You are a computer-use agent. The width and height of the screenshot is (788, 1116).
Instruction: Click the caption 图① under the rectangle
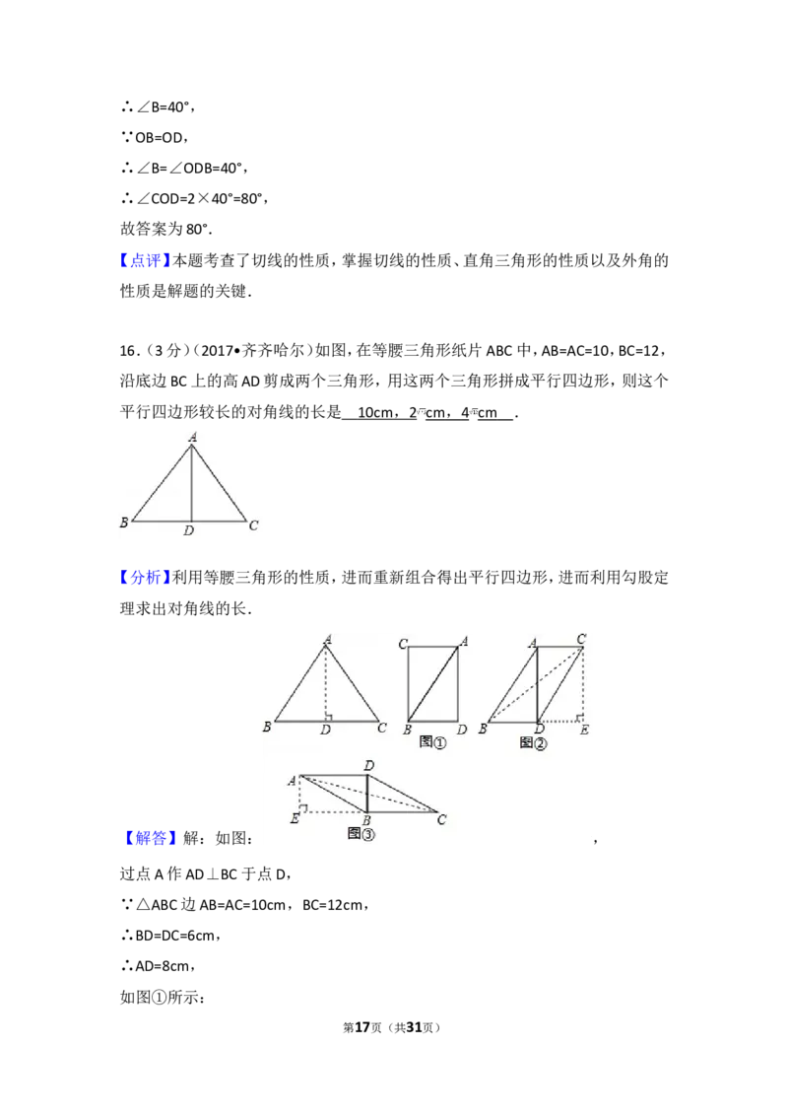[x=432, y=742]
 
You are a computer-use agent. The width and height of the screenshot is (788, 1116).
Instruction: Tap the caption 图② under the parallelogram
[x=534, y=743]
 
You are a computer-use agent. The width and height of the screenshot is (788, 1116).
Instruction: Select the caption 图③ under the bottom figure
[x=361, y=833]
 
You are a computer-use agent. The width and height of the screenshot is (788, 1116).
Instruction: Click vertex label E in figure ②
[x=584, y=730]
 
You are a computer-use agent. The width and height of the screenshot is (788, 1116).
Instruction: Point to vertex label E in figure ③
[x=295, y=818]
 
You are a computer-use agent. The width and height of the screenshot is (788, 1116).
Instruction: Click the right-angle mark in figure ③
[x=303, y=807]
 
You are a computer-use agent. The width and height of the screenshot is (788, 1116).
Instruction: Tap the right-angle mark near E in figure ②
[x=579, y=718]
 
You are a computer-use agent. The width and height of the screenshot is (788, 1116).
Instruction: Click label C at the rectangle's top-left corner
[x=403, y=644]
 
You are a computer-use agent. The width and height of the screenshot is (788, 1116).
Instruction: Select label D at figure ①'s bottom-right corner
[x=462, y=730]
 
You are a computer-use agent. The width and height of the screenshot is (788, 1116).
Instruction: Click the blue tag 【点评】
[x=146, y=260]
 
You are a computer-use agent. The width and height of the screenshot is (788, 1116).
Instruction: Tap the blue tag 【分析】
[x=146, y=577]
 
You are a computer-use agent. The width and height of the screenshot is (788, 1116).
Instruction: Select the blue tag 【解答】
[x=146, y=838]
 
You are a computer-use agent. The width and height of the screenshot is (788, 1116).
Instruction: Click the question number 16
[x=128, y=350]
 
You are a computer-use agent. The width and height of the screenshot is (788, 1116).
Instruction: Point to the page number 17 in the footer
[x=362, y=1027]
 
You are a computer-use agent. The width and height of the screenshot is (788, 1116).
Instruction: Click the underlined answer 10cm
[x=375, y=412]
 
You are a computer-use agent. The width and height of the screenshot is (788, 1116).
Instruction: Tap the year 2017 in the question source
[x=217, y=350]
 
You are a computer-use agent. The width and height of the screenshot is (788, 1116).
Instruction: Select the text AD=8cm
[x=163, y=966]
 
